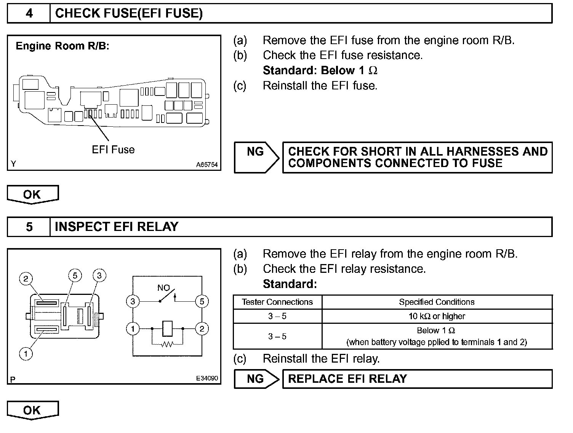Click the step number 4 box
29,14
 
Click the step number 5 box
29,227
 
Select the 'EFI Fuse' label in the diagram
113,150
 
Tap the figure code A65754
207,165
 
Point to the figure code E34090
207,378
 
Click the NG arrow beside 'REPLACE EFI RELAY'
256,379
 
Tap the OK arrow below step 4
32,194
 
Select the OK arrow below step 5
32,410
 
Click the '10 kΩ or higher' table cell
437,316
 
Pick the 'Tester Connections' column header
277,302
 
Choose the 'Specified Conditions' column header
437,302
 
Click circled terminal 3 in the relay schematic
133,302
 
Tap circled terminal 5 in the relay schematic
202,302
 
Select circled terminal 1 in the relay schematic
133,329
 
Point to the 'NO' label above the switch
163,288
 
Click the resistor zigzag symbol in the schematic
167,344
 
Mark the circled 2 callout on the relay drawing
26,279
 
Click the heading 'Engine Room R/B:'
62,46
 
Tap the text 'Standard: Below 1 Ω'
320,70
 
